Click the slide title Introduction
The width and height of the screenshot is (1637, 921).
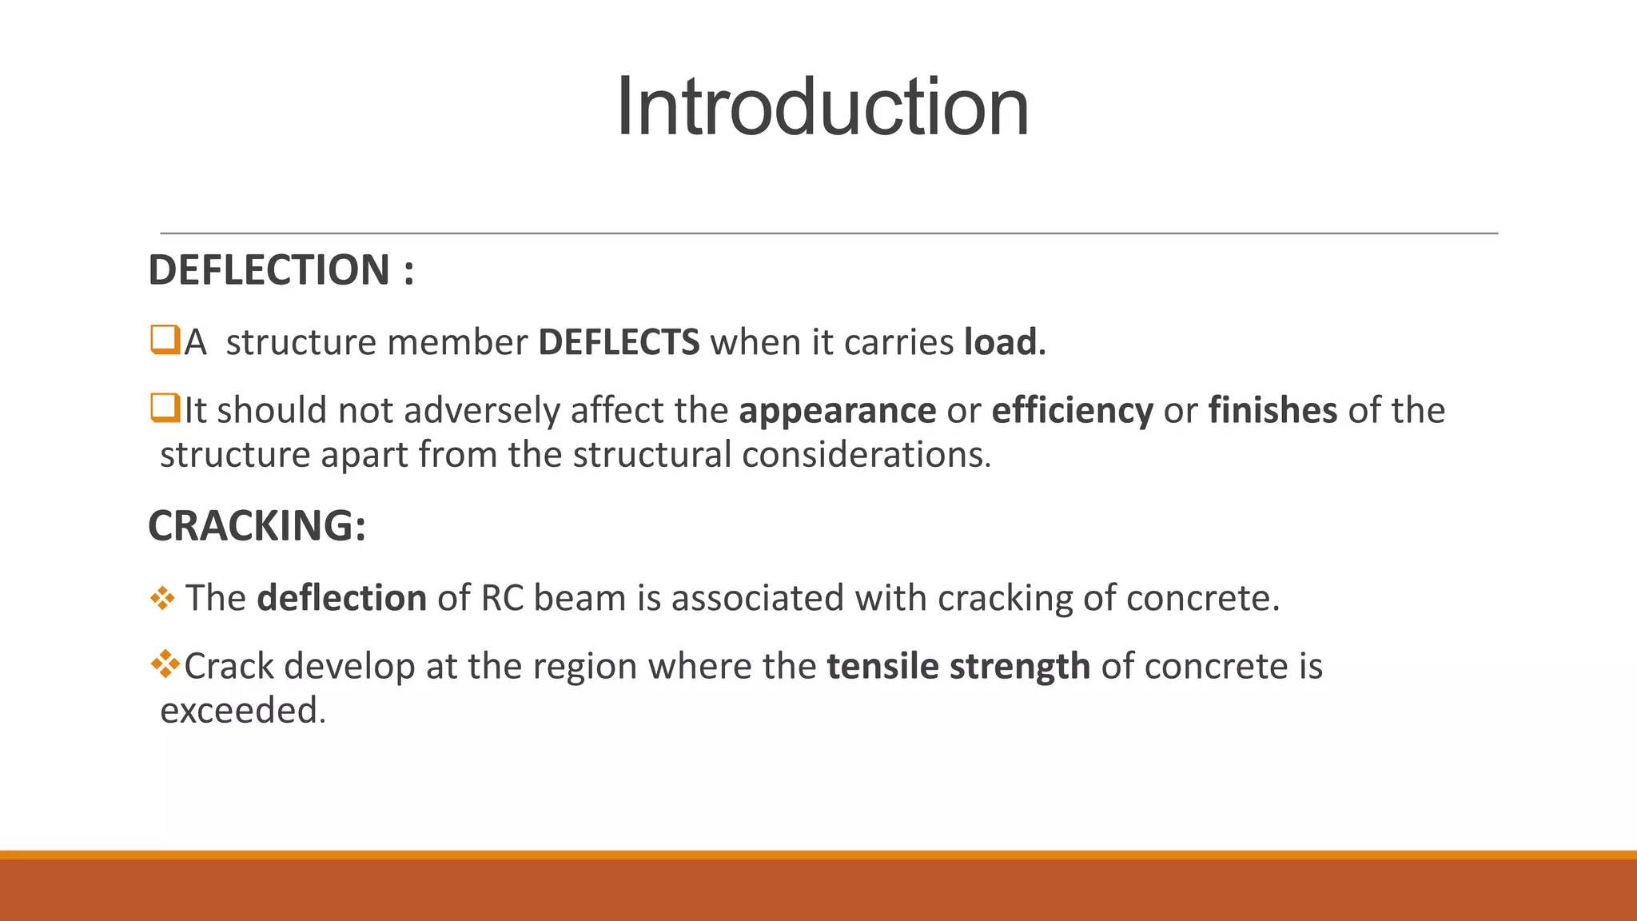822,107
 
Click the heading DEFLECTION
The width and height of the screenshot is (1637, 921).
269,270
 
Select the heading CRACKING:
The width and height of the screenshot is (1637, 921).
257,526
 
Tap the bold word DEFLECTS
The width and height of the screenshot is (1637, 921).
619,342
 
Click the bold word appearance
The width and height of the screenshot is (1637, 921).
837,410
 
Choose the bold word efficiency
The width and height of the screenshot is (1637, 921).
1072,410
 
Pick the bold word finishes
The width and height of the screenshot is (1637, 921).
1272,410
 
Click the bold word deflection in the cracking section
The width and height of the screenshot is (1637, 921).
341,598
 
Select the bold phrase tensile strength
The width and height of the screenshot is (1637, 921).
958,666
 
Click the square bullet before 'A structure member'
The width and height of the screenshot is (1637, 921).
165,340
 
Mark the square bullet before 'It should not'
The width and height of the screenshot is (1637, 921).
165,408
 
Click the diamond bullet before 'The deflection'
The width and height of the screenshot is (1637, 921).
162,598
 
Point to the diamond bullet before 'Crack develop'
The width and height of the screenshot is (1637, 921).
165,664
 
